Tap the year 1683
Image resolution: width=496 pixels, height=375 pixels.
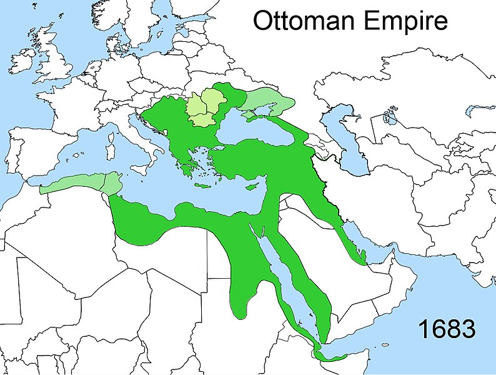tap(447, 329)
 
